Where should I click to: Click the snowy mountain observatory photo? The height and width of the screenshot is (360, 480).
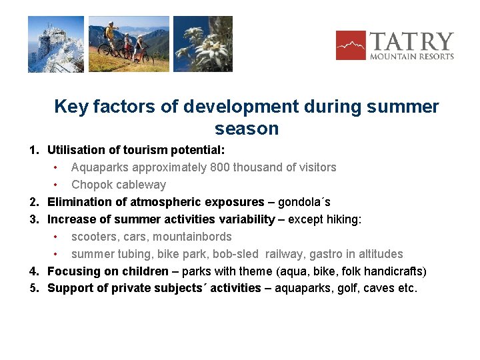tap(56, 44)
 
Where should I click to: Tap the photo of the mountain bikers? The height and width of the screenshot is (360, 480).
tap(129, 44)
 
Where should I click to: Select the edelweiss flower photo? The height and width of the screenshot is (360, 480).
tap(203, 44)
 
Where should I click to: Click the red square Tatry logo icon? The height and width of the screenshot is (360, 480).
tap(351, 45)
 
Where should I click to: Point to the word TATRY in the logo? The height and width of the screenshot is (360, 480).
tap(411, 41)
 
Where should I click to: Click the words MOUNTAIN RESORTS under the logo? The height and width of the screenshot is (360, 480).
tap(412, 57)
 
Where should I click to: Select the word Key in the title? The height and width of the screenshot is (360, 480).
tap(70, 107)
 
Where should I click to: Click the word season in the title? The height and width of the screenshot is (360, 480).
tap(247, 128)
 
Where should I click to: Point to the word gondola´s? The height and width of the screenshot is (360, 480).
tap(304, 202)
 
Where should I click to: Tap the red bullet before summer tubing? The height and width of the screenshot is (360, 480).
tap(57, 254)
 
